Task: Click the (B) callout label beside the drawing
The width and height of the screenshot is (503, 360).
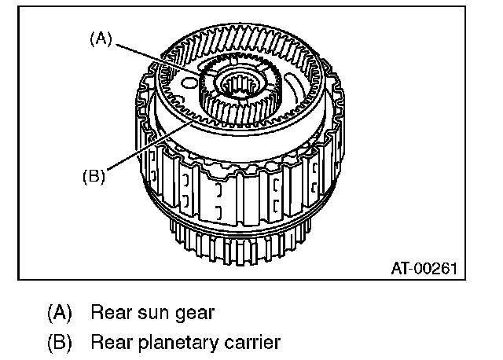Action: [x=93, y=176]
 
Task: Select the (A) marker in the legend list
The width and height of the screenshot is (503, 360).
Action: [x=61, y=312]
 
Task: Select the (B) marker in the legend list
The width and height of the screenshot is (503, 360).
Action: [x=61, y=343]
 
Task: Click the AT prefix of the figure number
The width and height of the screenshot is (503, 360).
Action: [x=401, y=267]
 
